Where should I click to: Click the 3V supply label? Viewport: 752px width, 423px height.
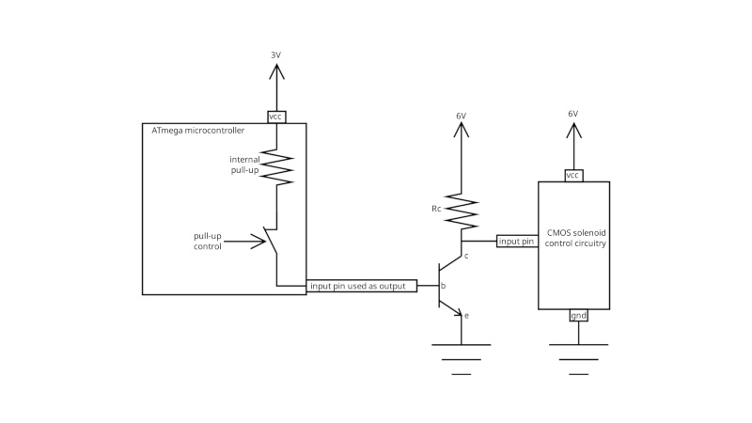tap(275, 55)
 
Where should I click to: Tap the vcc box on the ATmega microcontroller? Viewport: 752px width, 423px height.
tap(275, 117)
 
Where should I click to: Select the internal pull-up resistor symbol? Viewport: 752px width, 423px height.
tap(276, 167)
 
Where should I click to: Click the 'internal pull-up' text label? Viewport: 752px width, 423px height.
tap(244, 165)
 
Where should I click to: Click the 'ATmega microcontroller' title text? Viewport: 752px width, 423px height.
tap(198, 130)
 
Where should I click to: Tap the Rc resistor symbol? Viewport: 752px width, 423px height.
tap(461, 211)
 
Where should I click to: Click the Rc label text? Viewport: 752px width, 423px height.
tap(436, 209)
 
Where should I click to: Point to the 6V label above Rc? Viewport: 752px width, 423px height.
tap(461, 116)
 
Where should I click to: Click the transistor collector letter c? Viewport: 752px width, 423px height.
tap(466, 256)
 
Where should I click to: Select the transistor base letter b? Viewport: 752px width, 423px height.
tap(443, 285)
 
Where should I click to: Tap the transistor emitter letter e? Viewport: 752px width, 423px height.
tap(466, 315)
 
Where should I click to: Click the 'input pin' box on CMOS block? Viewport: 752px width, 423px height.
tap(516, 242)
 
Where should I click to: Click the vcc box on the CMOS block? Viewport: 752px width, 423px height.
tap(573, 176)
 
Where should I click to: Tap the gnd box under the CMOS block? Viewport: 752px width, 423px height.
tap(578, 315)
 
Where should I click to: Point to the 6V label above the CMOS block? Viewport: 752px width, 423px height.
tap(572, 114)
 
